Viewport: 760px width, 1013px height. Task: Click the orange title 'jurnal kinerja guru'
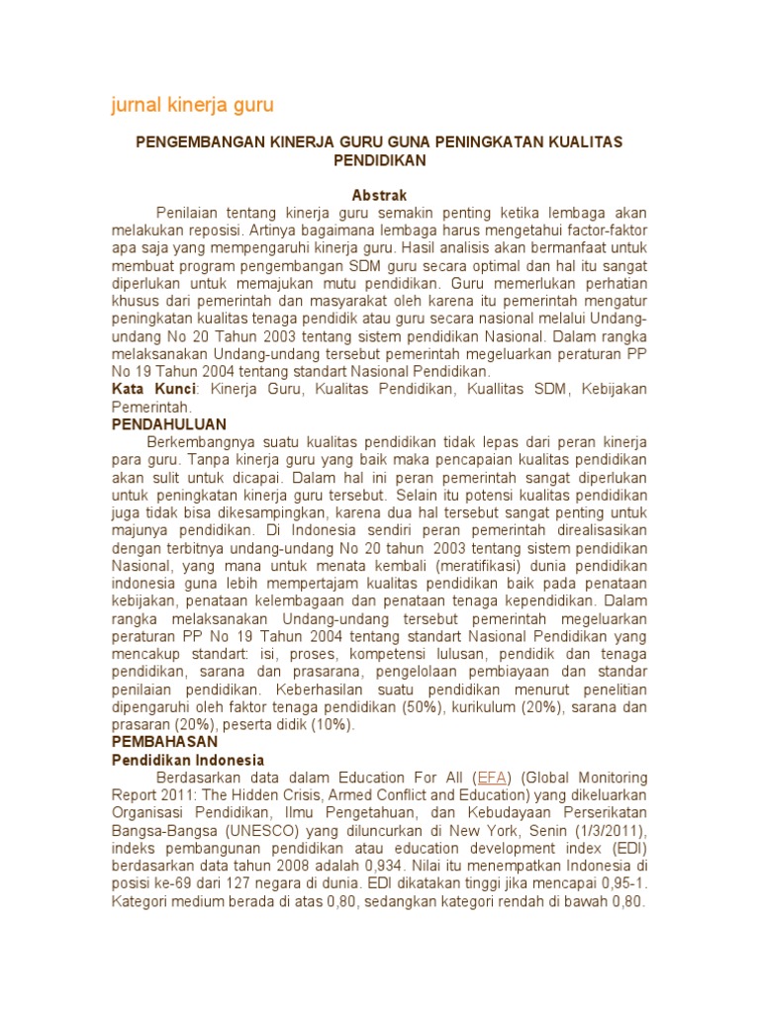click(191, 104)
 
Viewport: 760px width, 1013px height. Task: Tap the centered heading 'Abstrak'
click(379, 195)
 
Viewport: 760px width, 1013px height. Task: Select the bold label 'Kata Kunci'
click(154, 389)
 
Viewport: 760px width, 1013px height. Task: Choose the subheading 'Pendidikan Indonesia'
click(187, 760)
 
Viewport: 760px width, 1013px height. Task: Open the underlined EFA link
click(492, 778)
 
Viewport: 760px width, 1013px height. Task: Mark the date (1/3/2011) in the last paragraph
click(605, 831)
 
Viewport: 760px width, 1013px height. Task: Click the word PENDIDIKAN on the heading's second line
click(379, 160)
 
